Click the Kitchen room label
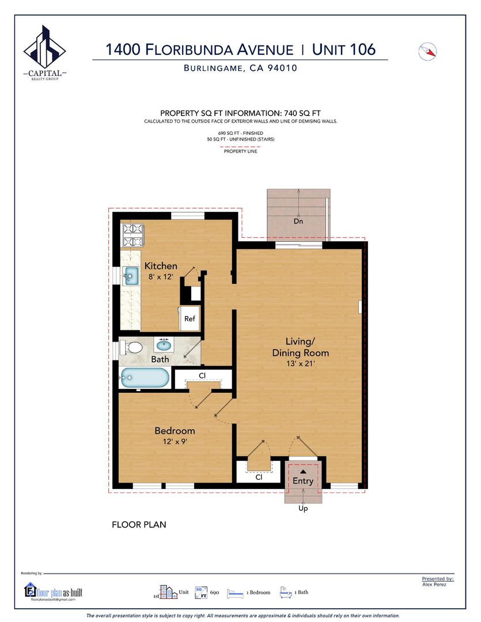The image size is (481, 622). point(160,266)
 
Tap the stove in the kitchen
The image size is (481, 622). point(132,235)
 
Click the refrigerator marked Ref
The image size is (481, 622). point(189,318)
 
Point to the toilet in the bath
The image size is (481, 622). point(132,348)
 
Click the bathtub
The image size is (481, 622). point(145,378)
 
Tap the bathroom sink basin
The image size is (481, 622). point(164,345)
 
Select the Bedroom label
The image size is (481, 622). point(175,430)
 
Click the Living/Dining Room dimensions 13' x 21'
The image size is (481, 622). point(301,363)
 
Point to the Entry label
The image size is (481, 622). point(303,481)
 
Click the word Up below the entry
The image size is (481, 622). point(303,508)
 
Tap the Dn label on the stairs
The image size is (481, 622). point(298,221)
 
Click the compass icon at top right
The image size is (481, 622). point(427,52)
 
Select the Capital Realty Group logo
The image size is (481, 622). point(44,52)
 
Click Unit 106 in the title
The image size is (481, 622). point(344,50)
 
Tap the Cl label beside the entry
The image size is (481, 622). point(259,477)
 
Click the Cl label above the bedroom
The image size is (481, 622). point(202,376)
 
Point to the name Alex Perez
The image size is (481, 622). point(434,585)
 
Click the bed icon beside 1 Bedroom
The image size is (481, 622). point(235,593)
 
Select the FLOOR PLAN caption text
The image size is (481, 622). point(139,525)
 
